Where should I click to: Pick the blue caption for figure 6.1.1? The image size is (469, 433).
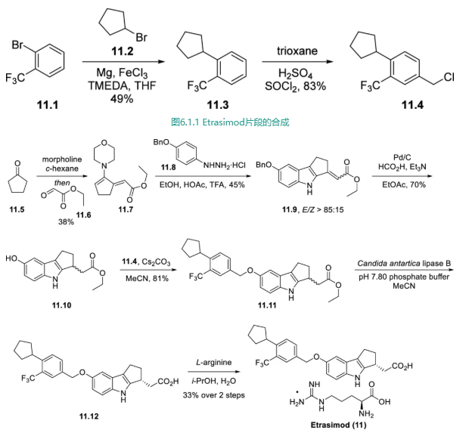pyautogui.click(x=231, y=121)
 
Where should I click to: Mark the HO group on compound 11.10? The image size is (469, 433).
pyautogui.click(x=11, y=259)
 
